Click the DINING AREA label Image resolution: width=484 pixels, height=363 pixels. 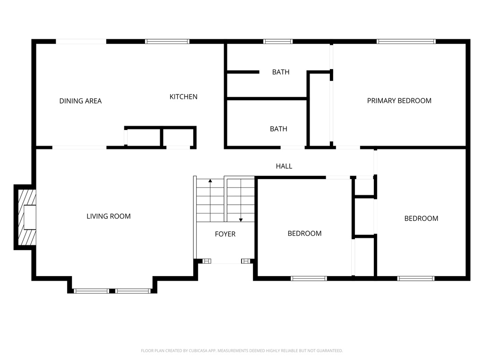[x=80, y=101]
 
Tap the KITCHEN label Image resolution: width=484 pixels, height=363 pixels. [x=183, y=96]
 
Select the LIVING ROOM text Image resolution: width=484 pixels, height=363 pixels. [x=108, y=216]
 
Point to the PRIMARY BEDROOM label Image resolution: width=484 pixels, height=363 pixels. [x=399, y=100]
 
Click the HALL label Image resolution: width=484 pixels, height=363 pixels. [x=284, y=166]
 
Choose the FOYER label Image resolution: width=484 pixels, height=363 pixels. [x=225, y=234]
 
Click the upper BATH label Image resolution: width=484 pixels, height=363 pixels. [x=280, y=72]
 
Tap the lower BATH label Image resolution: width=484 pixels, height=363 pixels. [x=278, y=129]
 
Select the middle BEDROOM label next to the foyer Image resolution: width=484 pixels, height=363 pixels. [x=304, y=233]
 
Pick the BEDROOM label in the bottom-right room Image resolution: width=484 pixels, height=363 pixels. [x=421, y=218]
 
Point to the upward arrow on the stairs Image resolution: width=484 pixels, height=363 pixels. [x=210, y=181]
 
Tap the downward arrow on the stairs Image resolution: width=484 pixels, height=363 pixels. [x=241, y=218]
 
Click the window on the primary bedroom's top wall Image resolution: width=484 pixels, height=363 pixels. [x=406, y=42]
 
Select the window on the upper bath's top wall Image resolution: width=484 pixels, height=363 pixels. [x=278, y=42]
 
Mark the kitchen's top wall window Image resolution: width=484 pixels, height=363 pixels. [x=167, y=42]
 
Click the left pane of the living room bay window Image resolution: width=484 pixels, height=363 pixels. [x=91, y=291]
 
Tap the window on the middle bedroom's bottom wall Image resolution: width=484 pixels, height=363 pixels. [x=309, y=278]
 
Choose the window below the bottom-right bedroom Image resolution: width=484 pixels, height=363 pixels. [x=415, y=278]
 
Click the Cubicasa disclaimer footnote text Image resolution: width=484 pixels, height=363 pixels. [x=242, y=351]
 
